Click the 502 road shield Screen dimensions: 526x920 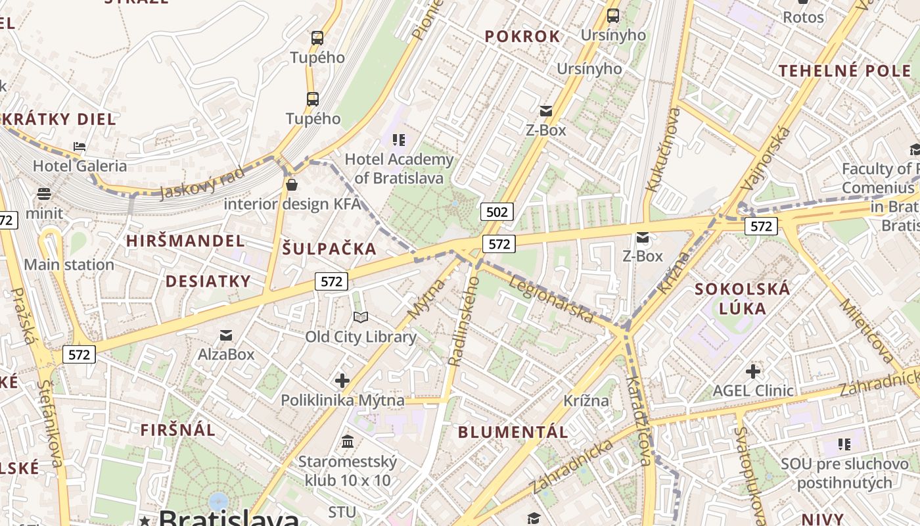497,212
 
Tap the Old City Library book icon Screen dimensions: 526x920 361,318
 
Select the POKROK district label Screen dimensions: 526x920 522,37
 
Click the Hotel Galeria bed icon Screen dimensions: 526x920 80,147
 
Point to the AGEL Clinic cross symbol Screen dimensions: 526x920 753,371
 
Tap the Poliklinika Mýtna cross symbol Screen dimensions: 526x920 342,381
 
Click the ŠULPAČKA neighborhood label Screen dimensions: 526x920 329,249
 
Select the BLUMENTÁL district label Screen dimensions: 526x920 513,432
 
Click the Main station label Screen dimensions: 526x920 69,265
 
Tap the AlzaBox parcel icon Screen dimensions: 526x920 226,335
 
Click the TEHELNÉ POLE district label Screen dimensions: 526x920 845,71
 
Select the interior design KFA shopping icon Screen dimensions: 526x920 292,185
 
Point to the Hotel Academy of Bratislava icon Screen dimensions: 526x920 399,139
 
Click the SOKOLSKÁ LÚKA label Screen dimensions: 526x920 743,299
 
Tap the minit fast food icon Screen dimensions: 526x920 44,194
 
